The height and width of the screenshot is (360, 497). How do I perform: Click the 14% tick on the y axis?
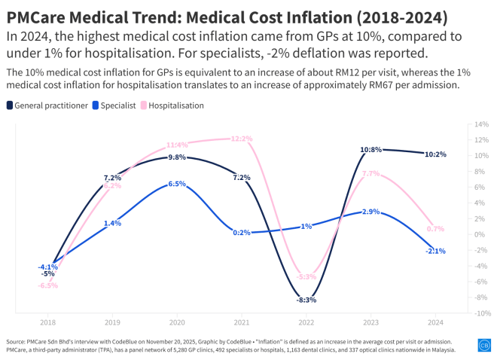[482, 124]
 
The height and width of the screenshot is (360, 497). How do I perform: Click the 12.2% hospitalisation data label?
[241, 139]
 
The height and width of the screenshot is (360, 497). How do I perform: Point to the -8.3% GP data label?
[306, 300]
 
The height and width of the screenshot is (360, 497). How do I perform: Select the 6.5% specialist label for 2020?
[177, 183]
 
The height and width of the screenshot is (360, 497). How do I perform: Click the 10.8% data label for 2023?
[370, 149]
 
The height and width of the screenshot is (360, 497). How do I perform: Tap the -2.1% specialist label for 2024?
[434, 251]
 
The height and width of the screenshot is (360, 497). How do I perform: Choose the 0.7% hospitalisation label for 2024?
[434, 228]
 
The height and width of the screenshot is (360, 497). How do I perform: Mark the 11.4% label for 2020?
[177, 145]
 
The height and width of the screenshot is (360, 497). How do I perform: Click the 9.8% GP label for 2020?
[177, 157]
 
